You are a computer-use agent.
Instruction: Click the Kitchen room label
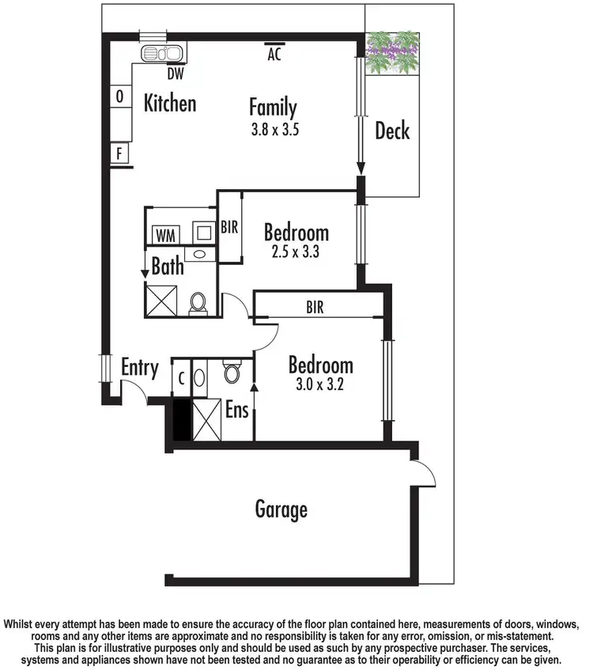[169, 103]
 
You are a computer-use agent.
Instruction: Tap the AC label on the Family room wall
[274, 55]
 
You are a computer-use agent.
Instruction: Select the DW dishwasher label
[175, 74]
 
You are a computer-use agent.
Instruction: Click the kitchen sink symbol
[162, 54]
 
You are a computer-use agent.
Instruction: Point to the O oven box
[120, 97]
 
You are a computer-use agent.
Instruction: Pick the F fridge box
[120, 153]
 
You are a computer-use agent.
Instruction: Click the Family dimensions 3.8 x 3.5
[273, 131]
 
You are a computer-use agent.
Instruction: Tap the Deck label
[392, 131]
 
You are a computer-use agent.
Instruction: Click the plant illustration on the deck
[392, 53]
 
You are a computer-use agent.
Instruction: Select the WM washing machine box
[164, 235]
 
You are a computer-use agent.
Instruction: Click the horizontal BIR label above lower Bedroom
[315, 307]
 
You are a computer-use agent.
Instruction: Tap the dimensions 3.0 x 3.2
[320, 388]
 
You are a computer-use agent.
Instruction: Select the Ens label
[237, 411]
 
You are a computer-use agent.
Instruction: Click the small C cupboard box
[181, 378]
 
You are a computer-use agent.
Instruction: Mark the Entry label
[139, 368]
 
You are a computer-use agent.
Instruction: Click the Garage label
[281, 509]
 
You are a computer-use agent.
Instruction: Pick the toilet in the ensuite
[232, 372]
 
